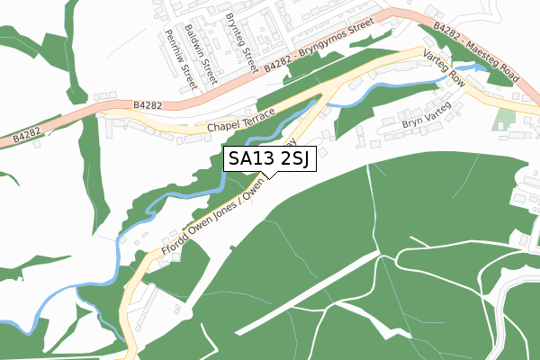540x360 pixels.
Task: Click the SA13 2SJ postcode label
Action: (268, 160)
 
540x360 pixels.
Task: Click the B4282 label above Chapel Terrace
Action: (148, 106)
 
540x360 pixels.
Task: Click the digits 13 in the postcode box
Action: (265, 160)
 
